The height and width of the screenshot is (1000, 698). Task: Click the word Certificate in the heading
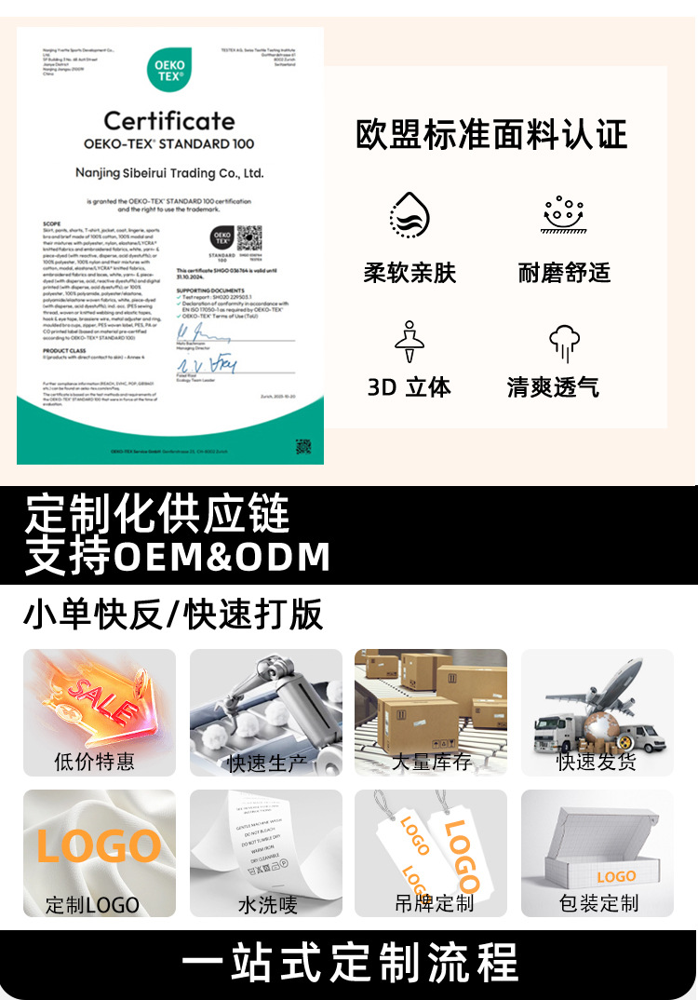click(x=169, y=121)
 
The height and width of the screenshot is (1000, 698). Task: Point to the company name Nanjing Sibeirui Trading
click(x=169, y=173)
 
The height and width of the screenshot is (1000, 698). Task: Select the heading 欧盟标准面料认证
click(x=491, y=135)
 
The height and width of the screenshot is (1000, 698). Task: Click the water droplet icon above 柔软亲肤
click(x=409, y=215)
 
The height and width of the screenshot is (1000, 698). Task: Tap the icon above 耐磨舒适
click(x=563, y=215)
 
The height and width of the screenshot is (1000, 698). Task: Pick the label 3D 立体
click(x=409, y=386)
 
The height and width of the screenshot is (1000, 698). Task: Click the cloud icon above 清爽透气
click(x=564, y=342)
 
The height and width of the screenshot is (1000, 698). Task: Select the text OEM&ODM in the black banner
click(x=221, y=556)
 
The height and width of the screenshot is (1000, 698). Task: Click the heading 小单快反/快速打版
click(x=173, y=615)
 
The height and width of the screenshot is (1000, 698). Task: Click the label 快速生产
click(x=266, y=763)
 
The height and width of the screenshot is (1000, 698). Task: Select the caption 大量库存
click(x=431, y=762)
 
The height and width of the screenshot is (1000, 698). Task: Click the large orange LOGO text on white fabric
click(x=99, y=845)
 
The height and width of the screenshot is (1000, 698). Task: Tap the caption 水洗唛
click(x=267, y=904)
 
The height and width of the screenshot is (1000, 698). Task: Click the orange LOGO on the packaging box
click(x=616, y=877)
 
